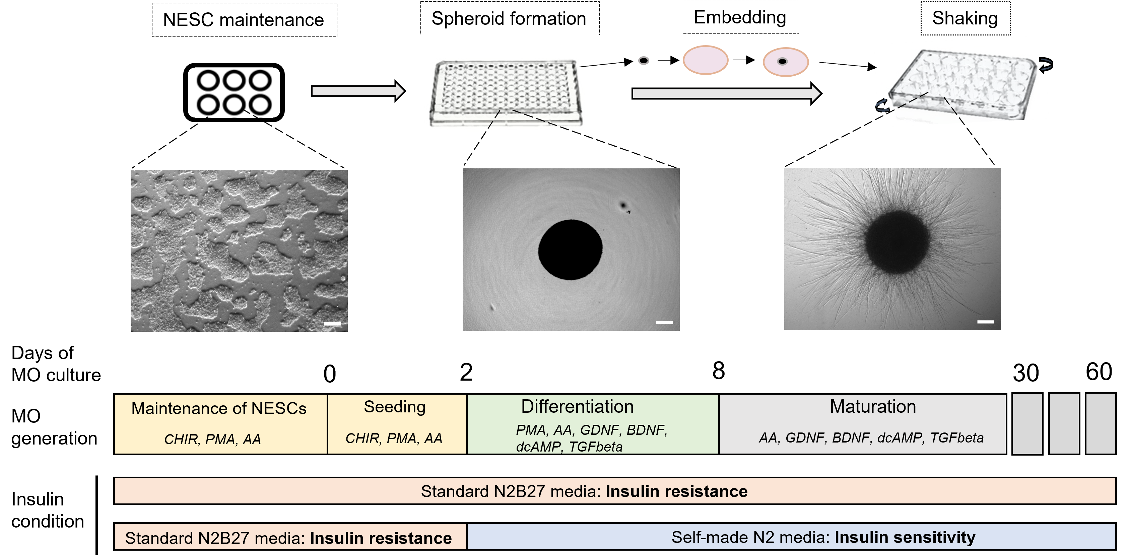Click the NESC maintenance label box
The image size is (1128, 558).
[x=244, y=20]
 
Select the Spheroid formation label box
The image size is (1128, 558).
[x=509, y=18]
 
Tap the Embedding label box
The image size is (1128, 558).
[x=740, y=17]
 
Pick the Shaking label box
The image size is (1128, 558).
[x=965, y=18]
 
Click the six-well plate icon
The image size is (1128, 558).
[x=234, y=92]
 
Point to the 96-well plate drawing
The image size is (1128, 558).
[x=506, y=92]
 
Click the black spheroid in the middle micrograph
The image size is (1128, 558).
[x=570, y=249]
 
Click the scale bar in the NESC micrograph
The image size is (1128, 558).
[x=332, y=324]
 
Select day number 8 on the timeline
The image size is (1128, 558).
[x=719, y=371]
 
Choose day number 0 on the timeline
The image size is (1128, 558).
[x=330, y=374]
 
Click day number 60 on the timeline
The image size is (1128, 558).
[x=1099, y=372]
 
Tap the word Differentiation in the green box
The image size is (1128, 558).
[x=577, y=407]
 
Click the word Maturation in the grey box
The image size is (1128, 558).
[x=873, y=407]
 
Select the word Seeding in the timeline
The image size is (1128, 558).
[x=395, y=407]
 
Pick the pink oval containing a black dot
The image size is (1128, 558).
[x=786, y=62]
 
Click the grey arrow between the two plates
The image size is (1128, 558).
[x=358, y=91]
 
